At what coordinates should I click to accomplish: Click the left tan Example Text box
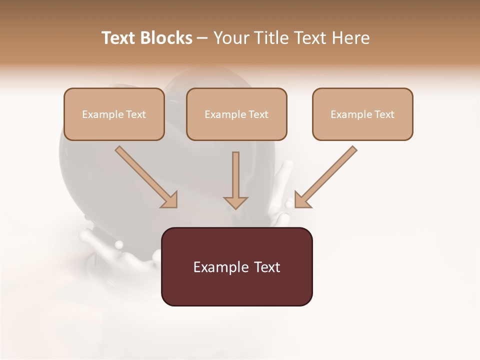[114, 114]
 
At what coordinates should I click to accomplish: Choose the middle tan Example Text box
[236, 114]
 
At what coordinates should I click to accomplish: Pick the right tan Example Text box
[362, 114]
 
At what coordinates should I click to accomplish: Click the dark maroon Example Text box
[236, 267]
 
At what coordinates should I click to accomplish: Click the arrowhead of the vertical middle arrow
[235, 202]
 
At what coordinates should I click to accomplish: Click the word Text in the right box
[384, 114]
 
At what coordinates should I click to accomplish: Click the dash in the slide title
[202, 38]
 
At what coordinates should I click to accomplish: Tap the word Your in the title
[230, 38]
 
